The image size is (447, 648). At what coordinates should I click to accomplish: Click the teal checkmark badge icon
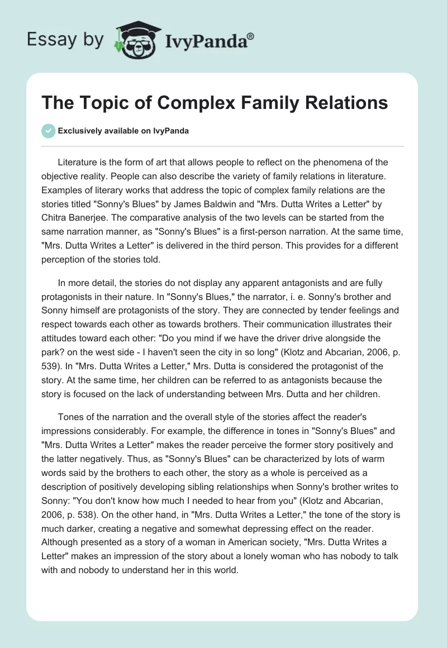click(48, 131)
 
